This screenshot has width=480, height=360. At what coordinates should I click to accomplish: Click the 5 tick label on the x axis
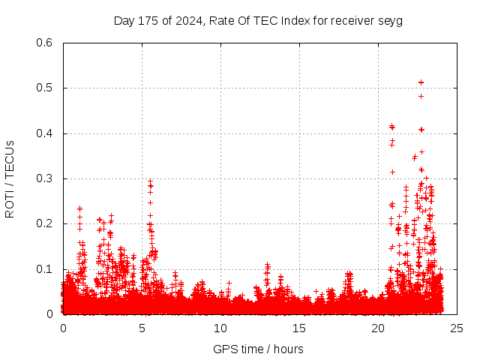point(142,328)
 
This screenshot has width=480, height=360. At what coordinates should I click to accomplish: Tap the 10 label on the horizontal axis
point(220,328)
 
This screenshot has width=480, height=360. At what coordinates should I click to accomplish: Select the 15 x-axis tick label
point(299,328)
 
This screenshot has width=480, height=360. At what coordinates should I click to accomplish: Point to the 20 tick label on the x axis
point(378,328)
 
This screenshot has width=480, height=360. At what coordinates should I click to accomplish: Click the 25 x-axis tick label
point(457,328)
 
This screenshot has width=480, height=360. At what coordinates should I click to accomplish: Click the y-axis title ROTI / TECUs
point(10,178)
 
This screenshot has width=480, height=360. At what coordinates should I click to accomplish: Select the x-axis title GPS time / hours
point(258,349)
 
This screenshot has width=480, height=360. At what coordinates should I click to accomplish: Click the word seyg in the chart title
point(389,21)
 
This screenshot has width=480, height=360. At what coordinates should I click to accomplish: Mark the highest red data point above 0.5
point(421,82)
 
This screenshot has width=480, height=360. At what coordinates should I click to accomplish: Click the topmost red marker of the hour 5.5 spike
point(150,181)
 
